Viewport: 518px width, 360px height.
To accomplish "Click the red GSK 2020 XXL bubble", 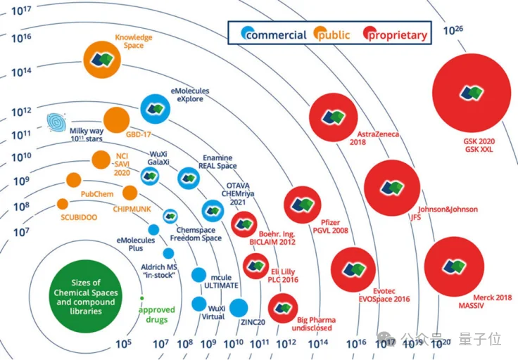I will [x=471, y=93].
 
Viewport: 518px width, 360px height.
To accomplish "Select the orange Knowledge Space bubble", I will [x=104, y=62].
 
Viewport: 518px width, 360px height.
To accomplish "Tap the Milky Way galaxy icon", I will [x=57, y=123].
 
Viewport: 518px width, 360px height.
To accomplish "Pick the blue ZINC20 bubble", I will [x=239, y=308].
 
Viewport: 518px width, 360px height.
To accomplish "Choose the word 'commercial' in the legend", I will [x=275, y=34].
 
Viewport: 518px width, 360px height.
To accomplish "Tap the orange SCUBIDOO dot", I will [x=63, y=204].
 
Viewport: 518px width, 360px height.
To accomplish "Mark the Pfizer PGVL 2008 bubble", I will [x=303, y=205].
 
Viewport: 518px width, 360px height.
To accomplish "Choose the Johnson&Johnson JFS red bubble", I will [x=392, y=188].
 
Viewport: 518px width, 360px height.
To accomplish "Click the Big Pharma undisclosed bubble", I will [x=282, y=309].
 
